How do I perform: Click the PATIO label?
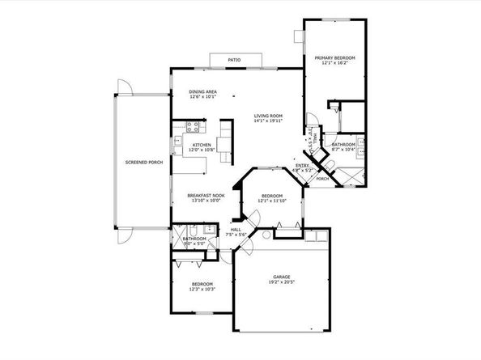click(x=234, y=61)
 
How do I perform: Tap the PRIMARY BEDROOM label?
click(x=334, y=58)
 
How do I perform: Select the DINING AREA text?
click(x=202, y=92)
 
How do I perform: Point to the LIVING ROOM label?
click(x=267, y=116)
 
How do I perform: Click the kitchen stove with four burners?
click(x=194, y=125)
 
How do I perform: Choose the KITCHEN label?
click(x=201, y=146)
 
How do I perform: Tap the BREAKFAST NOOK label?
click(x=206, y=195)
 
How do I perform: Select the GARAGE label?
click(x=283, y=277)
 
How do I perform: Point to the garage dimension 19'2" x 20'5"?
click(x=283, y=284)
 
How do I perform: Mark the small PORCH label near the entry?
click(x=321, y=179)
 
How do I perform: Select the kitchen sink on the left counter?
click(x=177, y=146)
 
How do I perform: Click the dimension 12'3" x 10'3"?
click(x=202, y=290)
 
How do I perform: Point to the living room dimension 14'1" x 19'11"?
click(x=267, y=121)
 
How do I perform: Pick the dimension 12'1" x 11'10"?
click(x=271, y=201)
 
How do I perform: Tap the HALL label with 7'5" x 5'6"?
click(x=236, y=229)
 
